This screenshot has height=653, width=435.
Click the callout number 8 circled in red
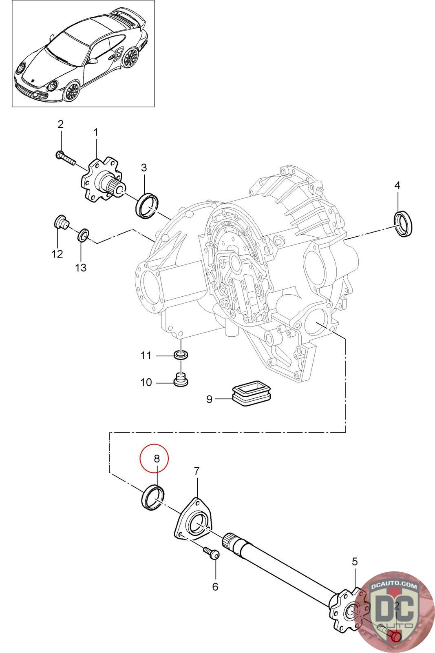157,459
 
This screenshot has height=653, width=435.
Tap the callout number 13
81,267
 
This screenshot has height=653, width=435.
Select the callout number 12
57,254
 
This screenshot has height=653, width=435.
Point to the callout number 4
397,185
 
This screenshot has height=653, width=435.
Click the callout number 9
209,399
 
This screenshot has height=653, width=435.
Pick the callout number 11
146,355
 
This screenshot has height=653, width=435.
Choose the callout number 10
146,382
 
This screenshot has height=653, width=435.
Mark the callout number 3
144,168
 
